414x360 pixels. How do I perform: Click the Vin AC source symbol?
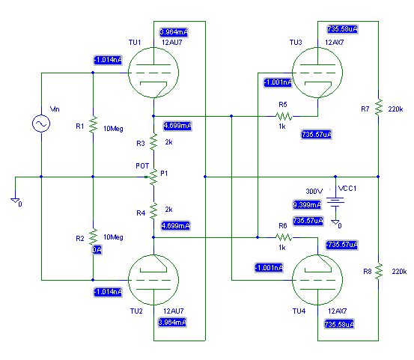click(x=41, y=123)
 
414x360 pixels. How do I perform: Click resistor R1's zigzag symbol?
click(x=93, y=124)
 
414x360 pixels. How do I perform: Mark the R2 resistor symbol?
click(x=93, y=237)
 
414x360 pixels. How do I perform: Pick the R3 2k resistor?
click(x=153, y=142)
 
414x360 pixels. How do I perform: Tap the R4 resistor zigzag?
click(x=153, y=211)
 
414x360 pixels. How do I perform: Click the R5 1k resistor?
click(x=284, y=116)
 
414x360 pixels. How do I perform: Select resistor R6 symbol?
click(x=284, y=237)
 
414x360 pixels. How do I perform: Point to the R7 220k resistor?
click(x=378, y=106)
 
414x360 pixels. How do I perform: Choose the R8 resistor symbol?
click(x=378, y=271)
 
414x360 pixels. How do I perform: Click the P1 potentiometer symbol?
click(x=153, y=177)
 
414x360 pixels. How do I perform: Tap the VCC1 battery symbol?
click(x=335, y=201)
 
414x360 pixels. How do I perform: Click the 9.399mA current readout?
click(x=307, y=205)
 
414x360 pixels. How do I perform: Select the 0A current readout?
click(x=97, y=250)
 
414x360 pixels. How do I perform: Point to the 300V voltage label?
click(x=314, y=191)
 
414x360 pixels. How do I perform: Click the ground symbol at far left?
click(x=16, y=201)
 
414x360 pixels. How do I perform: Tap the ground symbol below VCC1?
click(x=335, y=223)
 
